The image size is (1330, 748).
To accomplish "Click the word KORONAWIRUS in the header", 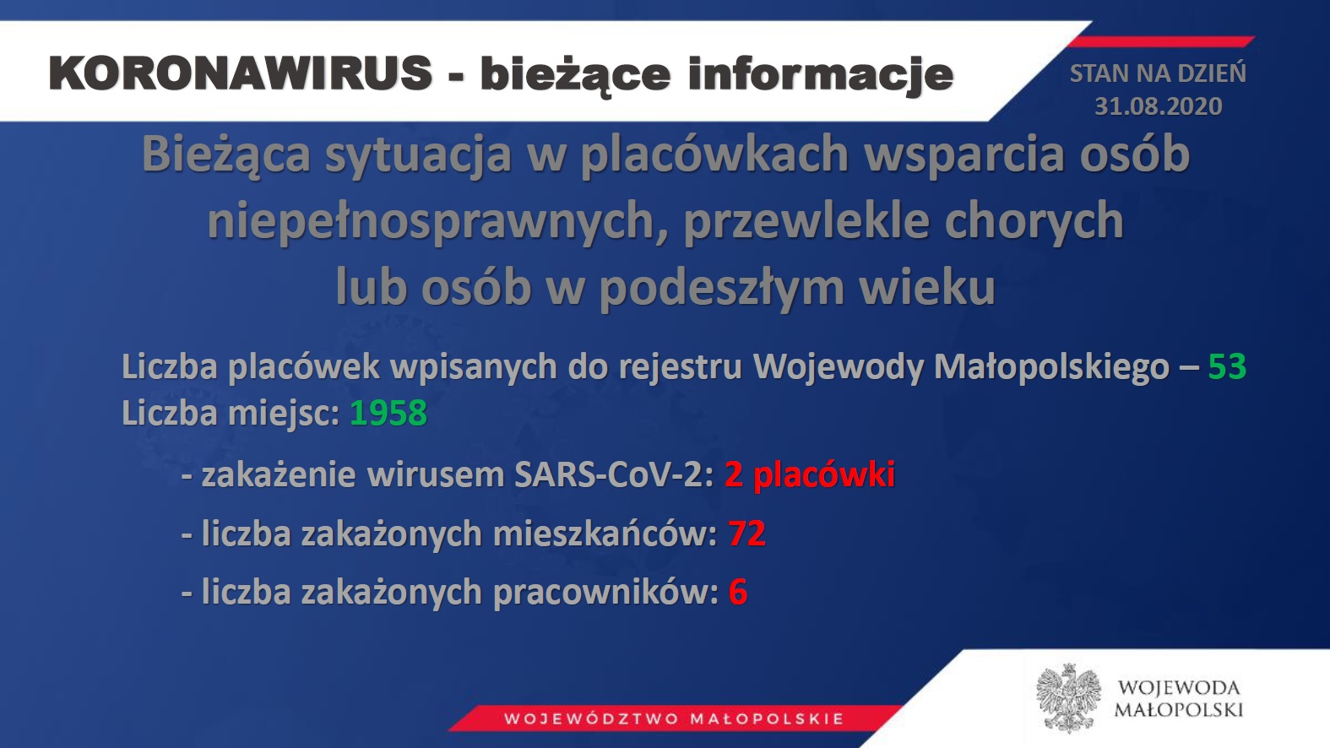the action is tap(241, 73).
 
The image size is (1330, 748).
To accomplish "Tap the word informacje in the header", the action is tap(821, 75).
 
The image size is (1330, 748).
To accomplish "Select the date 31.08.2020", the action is tap(1159, 106).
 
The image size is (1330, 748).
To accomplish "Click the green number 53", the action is tap(1227, 366).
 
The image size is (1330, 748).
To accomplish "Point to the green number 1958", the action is tap(388, 413).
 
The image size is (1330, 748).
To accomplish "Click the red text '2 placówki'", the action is tap(809, 475).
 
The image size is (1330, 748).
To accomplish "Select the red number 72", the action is tap(747, 533).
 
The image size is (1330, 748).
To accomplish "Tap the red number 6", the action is tap(738, 592).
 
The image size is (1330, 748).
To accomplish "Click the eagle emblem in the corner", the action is tap(1068, 697).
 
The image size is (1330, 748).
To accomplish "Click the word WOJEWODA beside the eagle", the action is tap(1179, 688).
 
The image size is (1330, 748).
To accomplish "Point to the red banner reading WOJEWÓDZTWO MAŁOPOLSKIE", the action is tap(675, 718).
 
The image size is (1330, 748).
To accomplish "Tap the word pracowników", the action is tap(606, 593).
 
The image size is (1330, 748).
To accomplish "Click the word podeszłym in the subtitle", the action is tap(721, 288).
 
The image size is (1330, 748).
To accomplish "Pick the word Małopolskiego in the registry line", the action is tap(1051, 367).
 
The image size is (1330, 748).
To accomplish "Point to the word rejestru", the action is tap(681, 367).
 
